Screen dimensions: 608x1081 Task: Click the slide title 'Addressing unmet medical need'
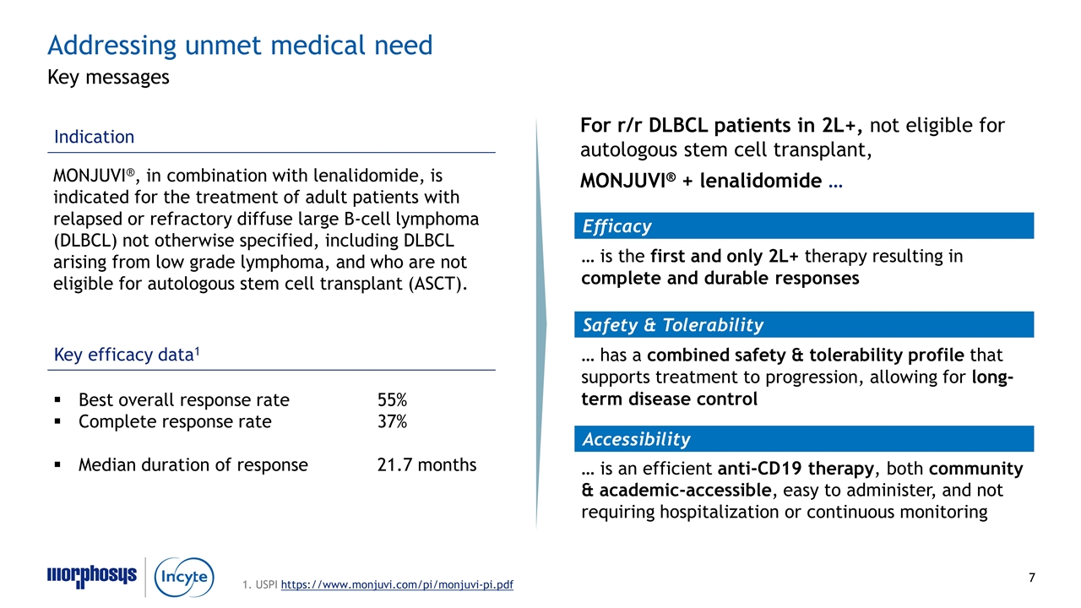[x=240, y=45]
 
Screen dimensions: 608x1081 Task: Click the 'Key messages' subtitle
[x=108, y=78]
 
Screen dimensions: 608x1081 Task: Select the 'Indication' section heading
[x=94, y=137]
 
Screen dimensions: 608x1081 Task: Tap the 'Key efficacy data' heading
[x=127, y=356]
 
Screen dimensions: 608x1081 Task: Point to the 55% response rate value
[x=392, y=400]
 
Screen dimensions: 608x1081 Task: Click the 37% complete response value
[x=392, y=421]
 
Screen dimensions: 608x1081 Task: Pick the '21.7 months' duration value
[x=426, y=464]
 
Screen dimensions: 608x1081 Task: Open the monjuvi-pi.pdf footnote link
[x=396, y=585]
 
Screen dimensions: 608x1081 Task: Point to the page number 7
[x=1031, y=578]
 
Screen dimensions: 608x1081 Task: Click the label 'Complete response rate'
[x=175, y=421]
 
